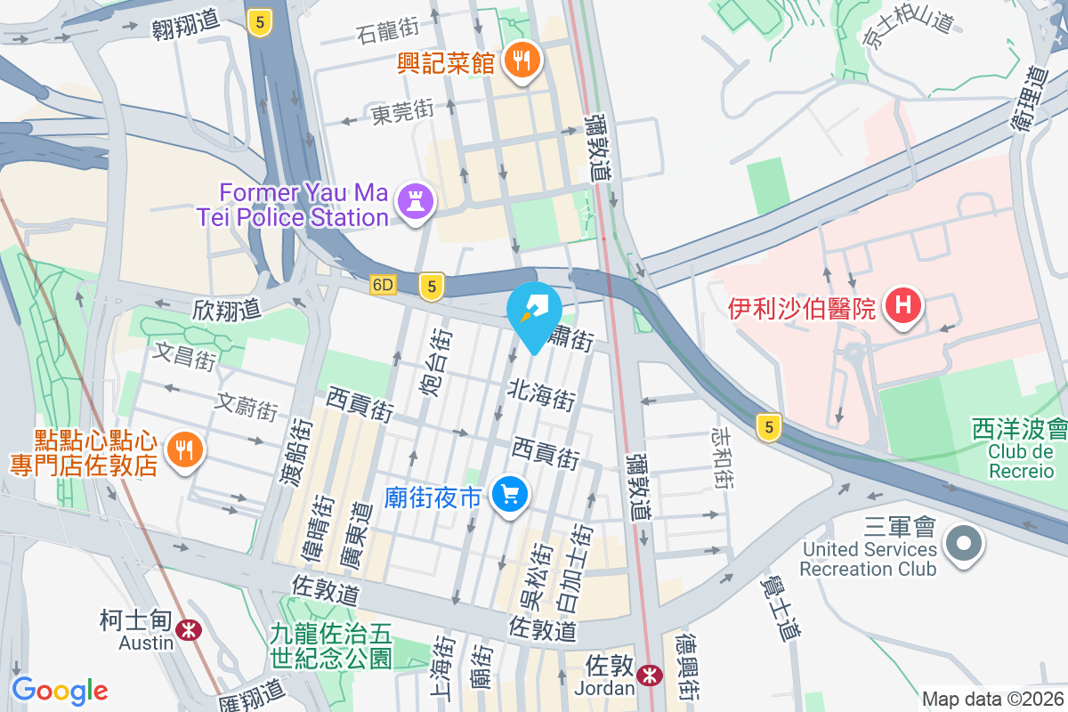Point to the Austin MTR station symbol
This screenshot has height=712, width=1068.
point(188,630)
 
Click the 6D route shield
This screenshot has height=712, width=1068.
point(383,286)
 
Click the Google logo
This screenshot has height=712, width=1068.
point(60,691)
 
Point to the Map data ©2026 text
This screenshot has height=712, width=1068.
point(991,699)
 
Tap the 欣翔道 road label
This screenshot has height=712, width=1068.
point(227,310)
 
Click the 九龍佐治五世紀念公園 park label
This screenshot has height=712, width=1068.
point(331,646)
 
